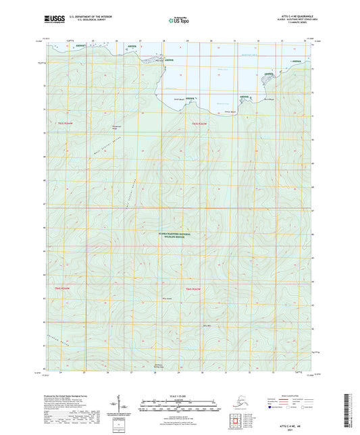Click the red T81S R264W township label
(69, 124)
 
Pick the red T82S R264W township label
(62, 288)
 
